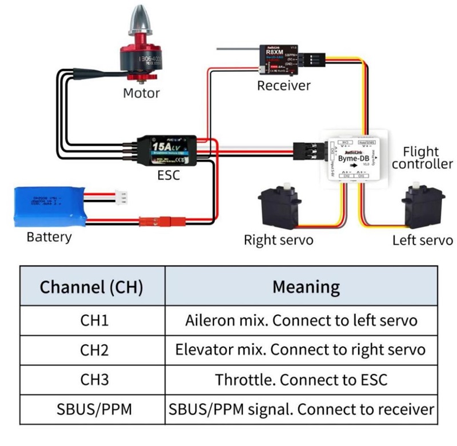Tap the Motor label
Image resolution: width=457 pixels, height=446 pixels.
point(142,93)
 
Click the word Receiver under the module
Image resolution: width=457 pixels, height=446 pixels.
point(284,86)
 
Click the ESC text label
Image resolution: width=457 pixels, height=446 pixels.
point(169,175)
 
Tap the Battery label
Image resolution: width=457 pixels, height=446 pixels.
point(49,236)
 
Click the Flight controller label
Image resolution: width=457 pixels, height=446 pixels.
point(422,158)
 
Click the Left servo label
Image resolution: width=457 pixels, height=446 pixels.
point(423,240)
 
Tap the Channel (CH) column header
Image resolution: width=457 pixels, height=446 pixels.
point(91,286)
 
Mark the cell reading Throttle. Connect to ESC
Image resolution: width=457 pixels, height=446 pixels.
point(301,379)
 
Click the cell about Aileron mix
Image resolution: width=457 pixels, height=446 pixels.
point(301,320)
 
